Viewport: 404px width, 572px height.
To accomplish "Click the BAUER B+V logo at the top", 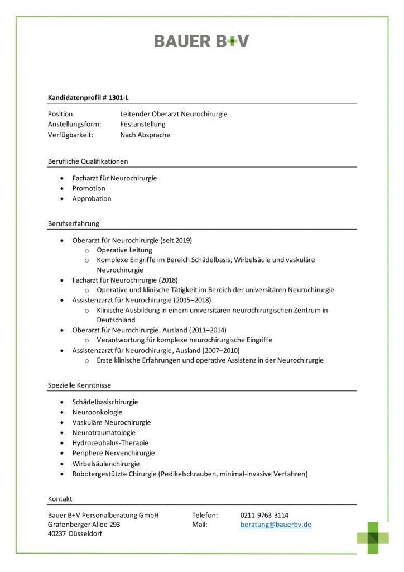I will coord(201,41).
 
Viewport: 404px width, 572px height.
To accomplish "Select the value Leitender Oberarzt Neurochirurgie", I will coord(174,114).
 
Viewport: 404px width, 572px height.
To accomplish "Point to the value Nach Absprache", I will coord(145,135).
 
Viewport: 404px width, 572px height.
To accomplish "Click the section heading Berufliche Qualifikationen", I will coord(88,161).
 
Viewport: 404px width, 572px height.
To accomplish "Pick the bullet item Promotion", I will coord(89,188).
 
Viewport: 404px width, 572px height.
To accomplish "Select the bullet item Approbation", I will coord(92,198).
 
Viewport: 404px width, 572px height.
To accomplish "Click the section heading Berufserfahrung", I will coord(74,223).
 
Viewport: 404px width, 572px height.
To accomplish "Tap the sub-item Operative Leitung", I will coord(124,250).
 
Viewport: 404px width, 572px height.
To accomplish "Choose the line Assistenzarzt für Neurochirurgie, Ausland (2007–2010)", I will coord(156,350).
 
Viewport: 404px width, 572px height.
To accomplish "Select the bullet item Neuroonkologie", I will coord(97,412).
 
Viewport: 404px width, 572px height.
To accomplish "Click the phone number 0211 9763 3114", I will coord(264,515).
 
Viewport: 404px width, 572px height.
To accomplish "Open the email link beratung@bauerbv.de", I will coord(276,525).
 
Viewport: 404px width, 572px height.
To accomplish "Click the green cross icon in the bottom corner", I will coord(373,537).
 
